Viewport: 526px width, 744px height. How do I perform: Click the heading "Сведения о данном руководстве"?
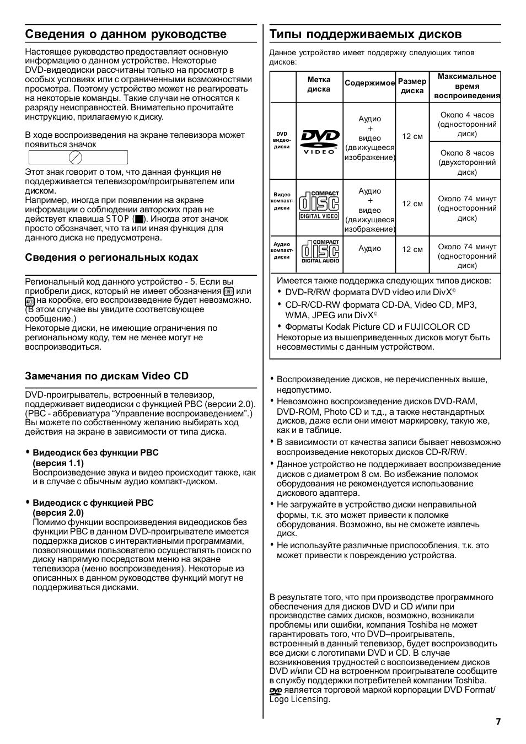[x=126, y=34]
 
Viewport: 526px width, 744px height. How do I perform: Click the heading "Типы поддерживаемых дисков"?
[x=366, y=34]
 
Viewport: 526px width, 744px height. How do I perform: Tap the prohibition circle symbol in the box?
[x=76, y=158]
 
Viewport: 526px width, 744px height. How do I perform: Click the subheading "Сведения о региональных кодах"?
[x=111, y=258]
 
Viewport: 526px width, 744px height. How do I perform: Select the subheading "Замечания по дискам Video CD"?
[x=106, y=376]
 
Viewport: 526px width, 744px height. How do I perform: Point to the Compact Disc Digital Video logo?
[x=319, y=205]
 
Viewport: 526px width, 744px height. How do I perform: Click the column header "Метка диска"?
[x=319, y=84]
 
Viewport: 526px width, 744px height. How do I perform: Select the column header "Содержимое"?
[x=369, y=83]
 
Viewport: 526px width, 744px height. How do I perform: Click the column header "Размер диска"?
[x=412, y=86]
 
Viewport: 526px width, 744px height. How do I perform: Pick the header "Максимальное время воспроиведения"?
[x=466, y=86]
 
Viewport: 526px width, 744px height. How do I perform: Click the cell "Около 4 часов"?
[x=467, y=124]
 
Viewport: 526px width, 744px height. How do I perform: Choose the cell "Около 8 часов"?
[x=467, y=162]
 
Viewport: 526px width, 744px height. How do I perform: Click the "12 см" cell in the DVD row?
[x=412, y=137]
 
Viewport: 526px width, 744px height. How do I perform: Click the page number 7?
[x=498, y=721]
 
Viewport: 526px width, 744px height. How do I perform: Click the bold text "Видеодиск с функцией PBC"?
[x=93, y=503]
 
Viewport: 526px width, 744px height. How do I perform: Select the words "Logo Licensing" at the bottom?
[x=299, y=699]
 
